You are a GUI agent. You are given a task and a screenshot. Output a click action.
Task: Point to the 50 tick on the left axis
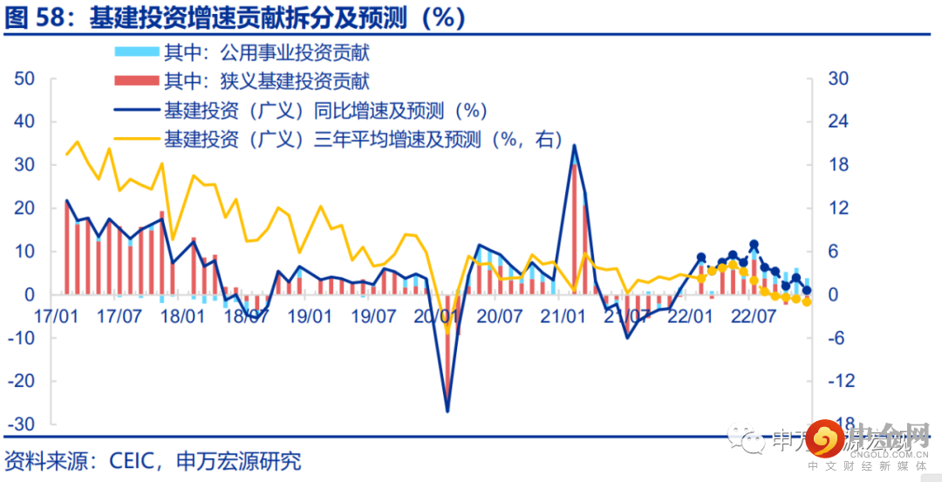pyautogui.click(x=24, y=79)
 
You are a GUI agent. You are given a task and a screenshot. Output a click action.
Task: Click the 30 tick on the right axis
pyautogui.click(x=837, y=79)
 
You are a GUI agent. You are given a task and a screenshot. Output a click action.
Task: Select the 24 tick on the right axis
pyautogui.click(x=837, y=121)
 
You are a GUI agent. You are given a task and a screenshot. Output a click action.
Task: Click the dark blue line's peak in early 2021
pyautogui.click(x=574, y=146)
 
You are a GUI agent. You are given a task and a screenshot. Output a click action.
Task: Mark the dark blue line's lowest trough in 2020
pyautogui.click(x=447, y=410)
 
